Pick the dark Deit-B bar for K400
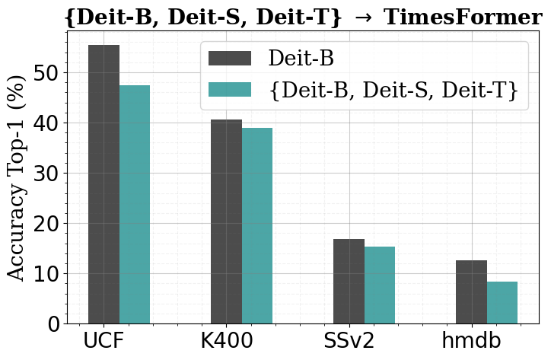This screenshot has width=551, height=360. [226, 221]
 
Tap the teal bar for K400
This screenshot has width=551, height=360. [257, 225]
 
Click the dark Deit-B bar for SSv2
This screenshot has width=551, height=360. [349, 281]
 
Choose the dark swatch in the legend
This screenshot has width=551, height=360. [229, 59]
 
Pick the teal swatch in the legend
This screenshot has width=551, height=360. [229, 90]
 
